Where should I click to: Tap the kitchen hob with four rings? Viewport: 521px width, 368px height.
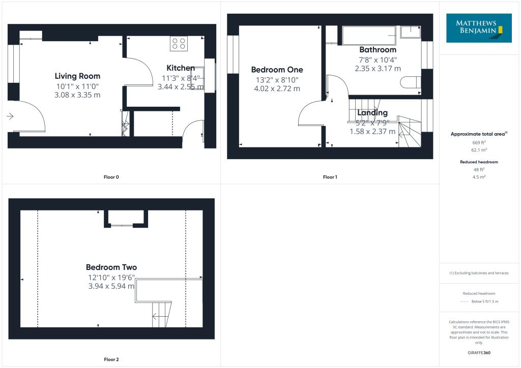179,44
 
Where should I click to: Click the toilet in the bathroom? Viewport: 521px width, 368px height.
410,82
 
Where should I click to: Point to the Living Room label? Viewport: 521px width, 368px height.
77,76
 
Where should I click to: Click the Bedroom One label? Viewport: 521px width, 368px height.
277,70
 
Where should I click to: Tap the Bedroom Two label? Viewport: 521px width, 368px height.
111,267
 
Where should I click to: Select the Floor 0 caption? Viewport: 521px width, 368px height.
110,177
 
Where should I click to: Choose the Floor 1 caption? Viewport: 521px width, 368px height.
330,177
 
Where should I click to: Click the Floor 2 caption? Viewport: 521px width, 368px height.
110,360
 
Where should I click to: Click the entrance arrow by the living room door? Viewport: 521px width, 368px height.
10,116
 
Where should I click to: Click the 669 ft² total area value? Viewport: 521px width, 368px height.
479,143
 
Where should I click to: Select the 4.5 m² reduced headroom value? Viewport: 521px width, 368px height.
479,177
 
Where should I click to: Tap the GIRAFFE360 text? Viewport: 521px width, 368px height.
479,353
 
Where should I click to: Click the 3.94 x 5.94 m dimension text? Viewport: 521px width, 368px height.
111,286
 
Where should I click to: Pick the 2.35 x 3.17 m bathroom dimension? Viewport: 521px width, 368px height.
378,68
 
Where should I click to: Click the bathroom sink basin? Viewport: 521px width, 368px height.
410,32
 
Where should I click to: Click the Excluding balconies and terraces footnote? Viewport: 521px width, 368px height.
479,273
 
